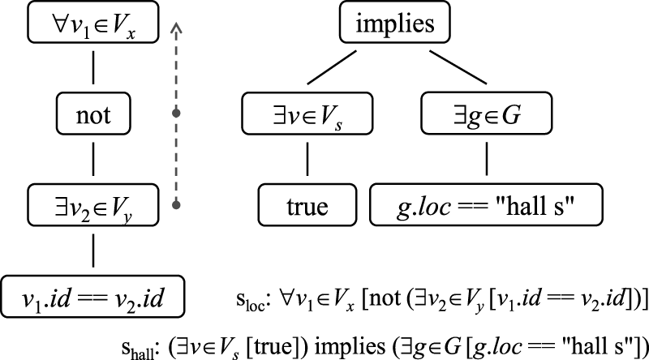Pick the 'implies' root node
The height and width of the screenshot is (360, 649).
[395, 24]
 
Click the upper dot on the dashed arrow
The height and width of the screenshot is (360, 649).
[176, 113]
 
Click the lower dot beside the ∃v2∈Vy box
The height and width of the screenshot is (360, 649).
[176, 204]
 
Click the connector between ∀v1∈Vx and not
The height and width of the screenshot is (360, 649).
[95, 68]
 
